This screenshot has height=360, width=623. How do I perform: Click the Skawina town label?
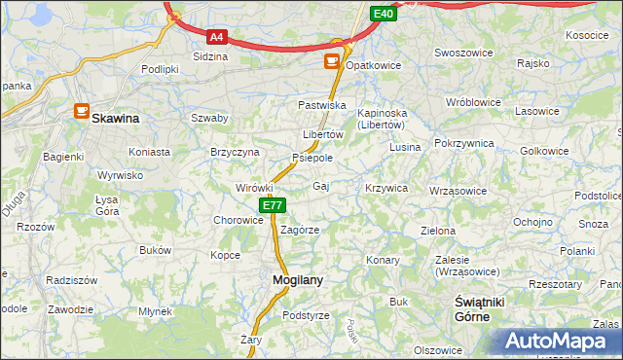click(115, 118)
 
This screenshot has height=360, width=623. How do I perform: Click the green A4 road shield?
click(216, 38)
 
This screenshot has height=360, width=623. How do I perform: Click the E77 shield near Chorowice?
click(273, 205)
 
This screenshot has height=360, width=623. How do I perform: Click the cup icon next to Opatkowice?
click(332, 61)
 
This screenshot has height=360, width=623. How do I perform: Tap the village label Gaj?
click(320, 185)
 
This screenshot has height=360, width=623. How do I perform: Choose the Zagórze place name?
click(300, 230)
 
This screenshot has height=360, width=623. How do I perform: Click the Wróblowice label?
click(472, 102)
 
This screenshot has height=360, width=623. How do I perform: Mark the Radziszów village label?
click(72, 279)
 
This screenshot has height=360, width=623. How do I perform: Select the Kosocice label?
click(586, 34)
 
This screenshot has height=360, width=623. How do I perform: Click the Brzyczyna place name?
click(235, 152)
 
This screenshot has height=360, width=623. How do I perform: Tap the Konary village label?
click(384, 261)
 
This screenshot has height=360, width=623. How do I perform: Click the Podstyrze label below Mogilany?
click(306, 315)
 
